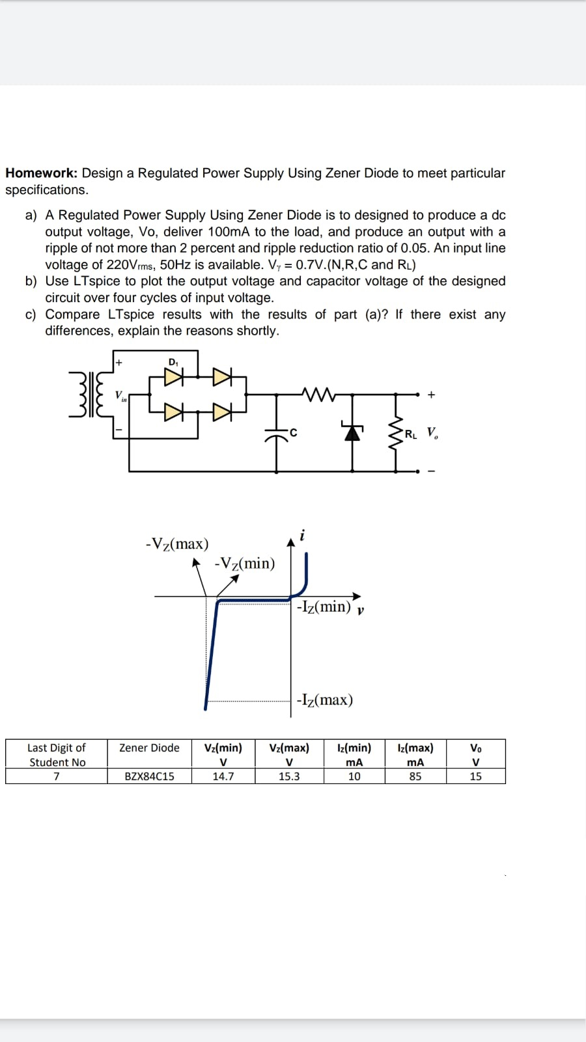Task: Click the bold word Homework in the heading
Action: (x=41, y=173)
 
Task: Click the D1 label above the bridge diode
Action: (x=173, y=362)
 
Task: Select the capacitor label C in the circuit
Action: (x=294, y=432)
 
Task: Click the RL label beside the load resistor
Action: (x=411, y=434)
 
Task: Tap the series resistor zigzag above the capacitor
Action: (x=318, y=393)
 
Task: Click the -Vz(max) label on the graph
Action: (x=177, y=544)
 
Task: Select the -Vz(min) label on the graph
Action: (x=245, y=563)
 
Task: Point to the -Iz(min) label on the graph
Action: (x=324, y=607)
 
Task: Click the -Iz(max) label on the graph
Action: (x=324, y=700)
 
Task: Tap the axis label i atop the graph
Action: (x=302, y=536)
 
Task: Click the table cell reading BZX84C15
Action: (x=149, y=776)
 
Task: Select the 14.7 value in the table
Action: (x=223, y=776)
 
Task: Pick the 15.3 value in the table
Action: (x=289, y=776)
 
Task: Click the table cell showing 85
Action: (x=415, y=776)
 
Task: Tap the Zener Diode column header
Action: (x=149, y=748)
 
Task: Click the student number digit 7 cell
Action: (x=57, y=776)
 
